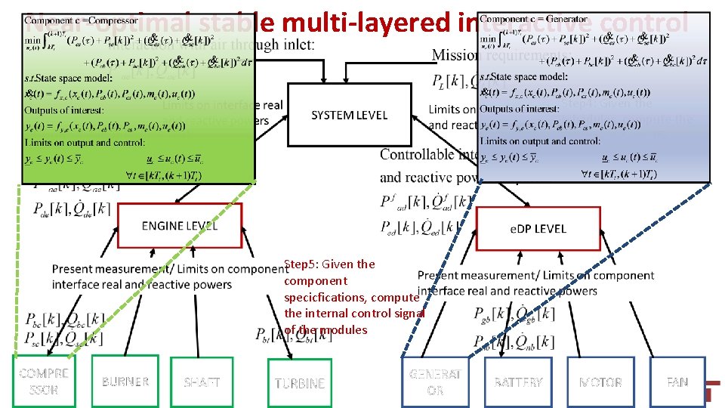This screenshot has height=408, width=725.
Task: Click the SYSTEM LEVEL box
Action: (x=348, y=115)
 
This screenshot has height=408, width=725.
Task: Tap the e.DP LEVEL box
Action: (x=537, y=227)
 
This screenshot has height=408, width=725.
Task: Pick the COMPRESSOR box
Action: (x=44, y=382)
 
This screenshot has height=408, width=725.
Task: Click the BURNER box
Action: (x=125, y=382)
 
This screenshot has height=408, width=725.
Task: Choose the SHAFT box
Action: (x=202, y=382)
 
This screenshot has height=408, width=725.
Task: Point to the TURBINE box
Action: (x=299, y=383)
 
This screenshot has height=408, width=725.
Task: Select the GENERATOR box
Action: (x=435, y=382)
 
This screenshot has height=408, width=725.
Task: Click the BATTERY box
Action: (x=518, y=382)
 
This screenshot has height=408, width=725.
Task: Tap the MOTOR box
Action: (x=600, y=382)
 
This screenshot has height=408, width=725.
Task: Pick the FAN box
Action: (x=677, y=382)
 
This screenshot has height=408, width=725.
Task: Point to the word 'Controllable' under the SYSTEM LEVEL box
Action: (x=417, y=155)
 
